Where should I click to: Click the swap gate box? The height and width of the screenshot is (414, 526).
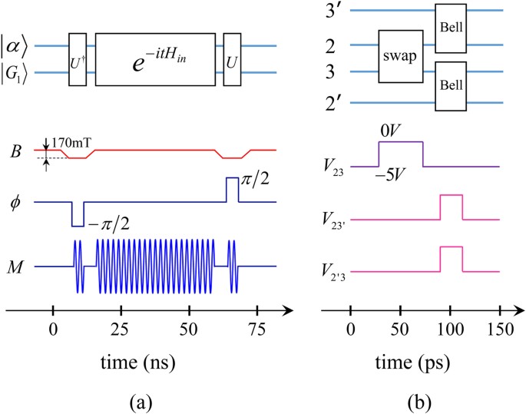click(x=403, y=58)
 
